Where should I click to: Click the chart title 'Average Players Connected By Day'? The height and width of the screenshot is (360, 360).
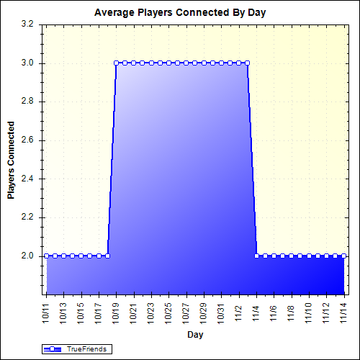pyautogui.click(x=180, y=14)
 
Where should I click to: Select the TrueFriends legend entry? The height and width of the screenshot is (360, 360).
pyautogui.click(x=76, y=349)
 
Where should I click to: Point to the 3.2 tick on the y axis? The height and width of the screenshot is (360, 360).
pyautogui.click(x=28, y=24)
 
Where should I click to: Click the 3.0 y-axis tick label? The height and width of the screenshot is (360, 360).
pyautogui.click(x=28, y=63)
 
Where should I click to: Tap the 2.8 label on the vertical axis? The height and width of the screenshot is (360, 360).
pyautogui.click(x=28, y=102)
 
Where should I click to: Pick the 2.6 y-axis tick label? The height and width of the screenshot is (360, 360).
pyautogui.click(x=28, y=140)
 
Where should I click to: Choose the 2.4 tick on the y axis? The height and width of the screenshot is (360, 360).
pyautogui.click(x=28, y=179)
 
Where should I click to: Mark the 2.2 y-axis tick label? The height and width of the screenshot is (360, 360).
pyautogui.click(x=28, y=217)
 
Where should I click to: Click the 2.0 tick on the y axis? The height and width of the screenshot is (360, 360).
pyautogui.click(x=28, y=256)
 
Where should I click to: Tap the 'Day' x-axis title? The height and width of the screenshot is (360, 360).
pyautogui.click(x=194, y=335)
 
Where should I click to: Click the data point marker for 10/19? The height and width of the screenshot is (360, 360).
pyautogui.click(x=116, y=63)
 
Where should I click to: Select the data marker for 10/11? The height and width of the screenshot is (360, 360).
pyautogui.click(x=46, y=256)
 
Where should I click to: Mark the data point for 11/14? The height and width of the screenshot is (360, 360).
pyautogui.click(x=343, y=256)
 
